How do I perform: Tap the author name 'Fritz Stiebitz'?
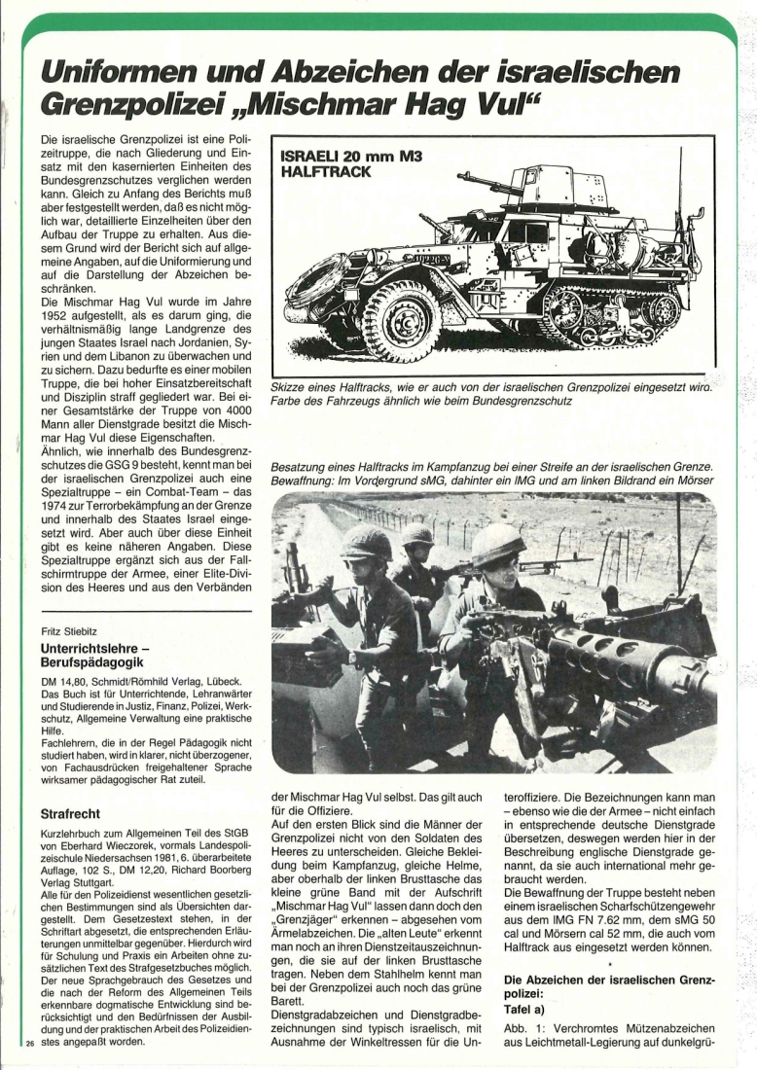coord(72,630)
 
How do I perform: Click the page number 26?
coord(29,1044)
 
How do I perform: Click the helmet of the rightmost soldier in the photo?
coord(497,545)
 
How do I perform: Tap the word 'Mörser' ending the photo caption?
coord(694,481)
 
